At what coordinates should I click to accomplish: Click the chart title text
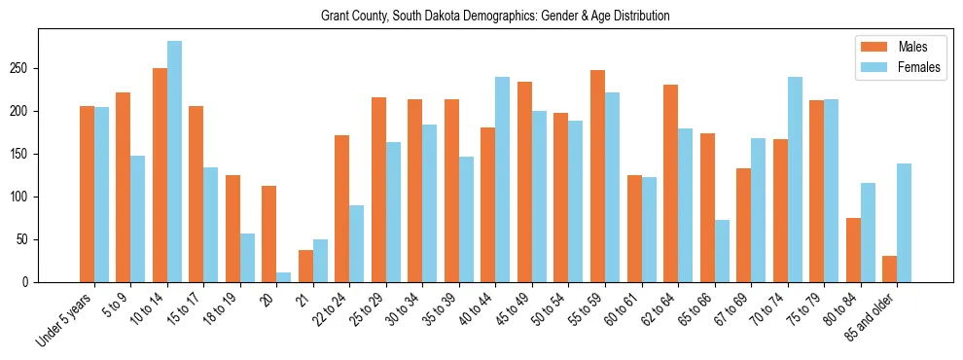495,17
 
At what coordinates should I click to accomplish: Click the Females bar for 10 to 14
174,162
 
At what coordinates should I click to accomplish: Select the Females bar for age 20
284,277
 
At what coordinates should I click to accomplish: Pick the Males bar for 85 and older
889,270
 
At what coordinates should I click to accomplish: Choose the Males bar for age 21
305,267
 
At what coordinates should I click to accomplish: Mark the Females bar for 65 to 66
722,251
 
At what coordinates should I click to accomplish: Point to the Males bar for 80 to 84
853,250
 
